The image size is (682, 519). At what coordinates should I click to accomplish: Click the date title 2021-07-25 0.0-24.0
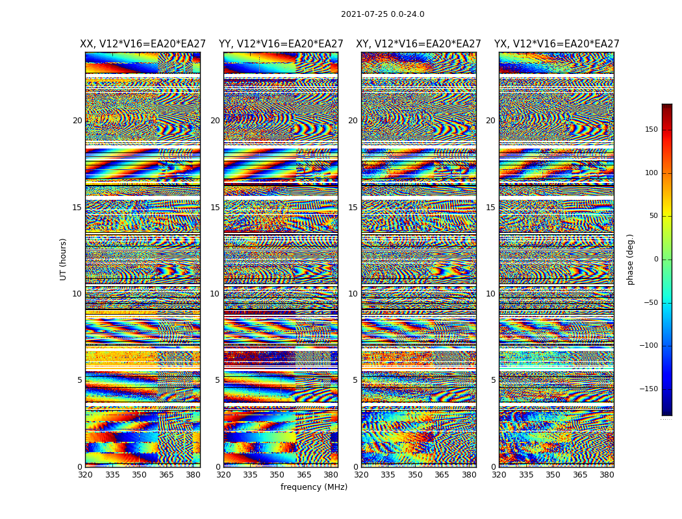pos(383,14)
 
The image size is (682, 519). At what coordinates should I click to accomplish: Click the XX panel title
pos(143,44)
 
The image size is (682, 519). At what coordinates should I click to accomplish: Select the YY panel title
pos(281,44)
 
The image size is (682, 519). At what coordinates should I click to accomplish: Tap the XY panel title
pos(418,44)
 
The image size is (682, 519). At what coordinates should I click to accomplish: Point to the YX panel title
pos(557,44)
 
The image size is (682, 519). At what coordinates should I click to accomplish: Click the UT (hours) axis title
pos(64,259)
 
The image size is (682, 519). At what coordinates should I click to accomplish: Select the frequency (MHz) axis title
pos(314,487)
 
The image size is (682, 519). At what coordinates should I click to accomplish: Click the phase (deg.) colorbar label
pos(631,259)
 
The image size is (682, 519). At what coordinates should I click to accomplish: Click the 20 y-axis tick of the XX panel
pos(77,121)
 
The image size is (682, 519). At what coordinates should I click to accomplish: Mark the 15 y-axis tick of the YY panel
pos(215,208)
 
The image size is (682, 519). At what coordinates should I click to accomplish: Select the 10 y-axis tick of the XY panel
pos(353,294)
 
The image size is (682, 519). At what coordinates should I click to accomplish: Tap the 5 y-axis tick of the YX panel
pos(493,380)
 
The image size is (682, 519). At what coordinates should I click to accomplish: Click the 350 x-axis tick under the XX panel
pos(139,475)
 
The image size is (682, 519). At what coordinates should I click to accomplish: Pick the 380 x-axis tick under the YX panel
pos(607,475)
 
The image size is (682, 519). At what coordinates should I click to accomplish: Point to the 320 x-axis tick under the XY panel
pos(361,475)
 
